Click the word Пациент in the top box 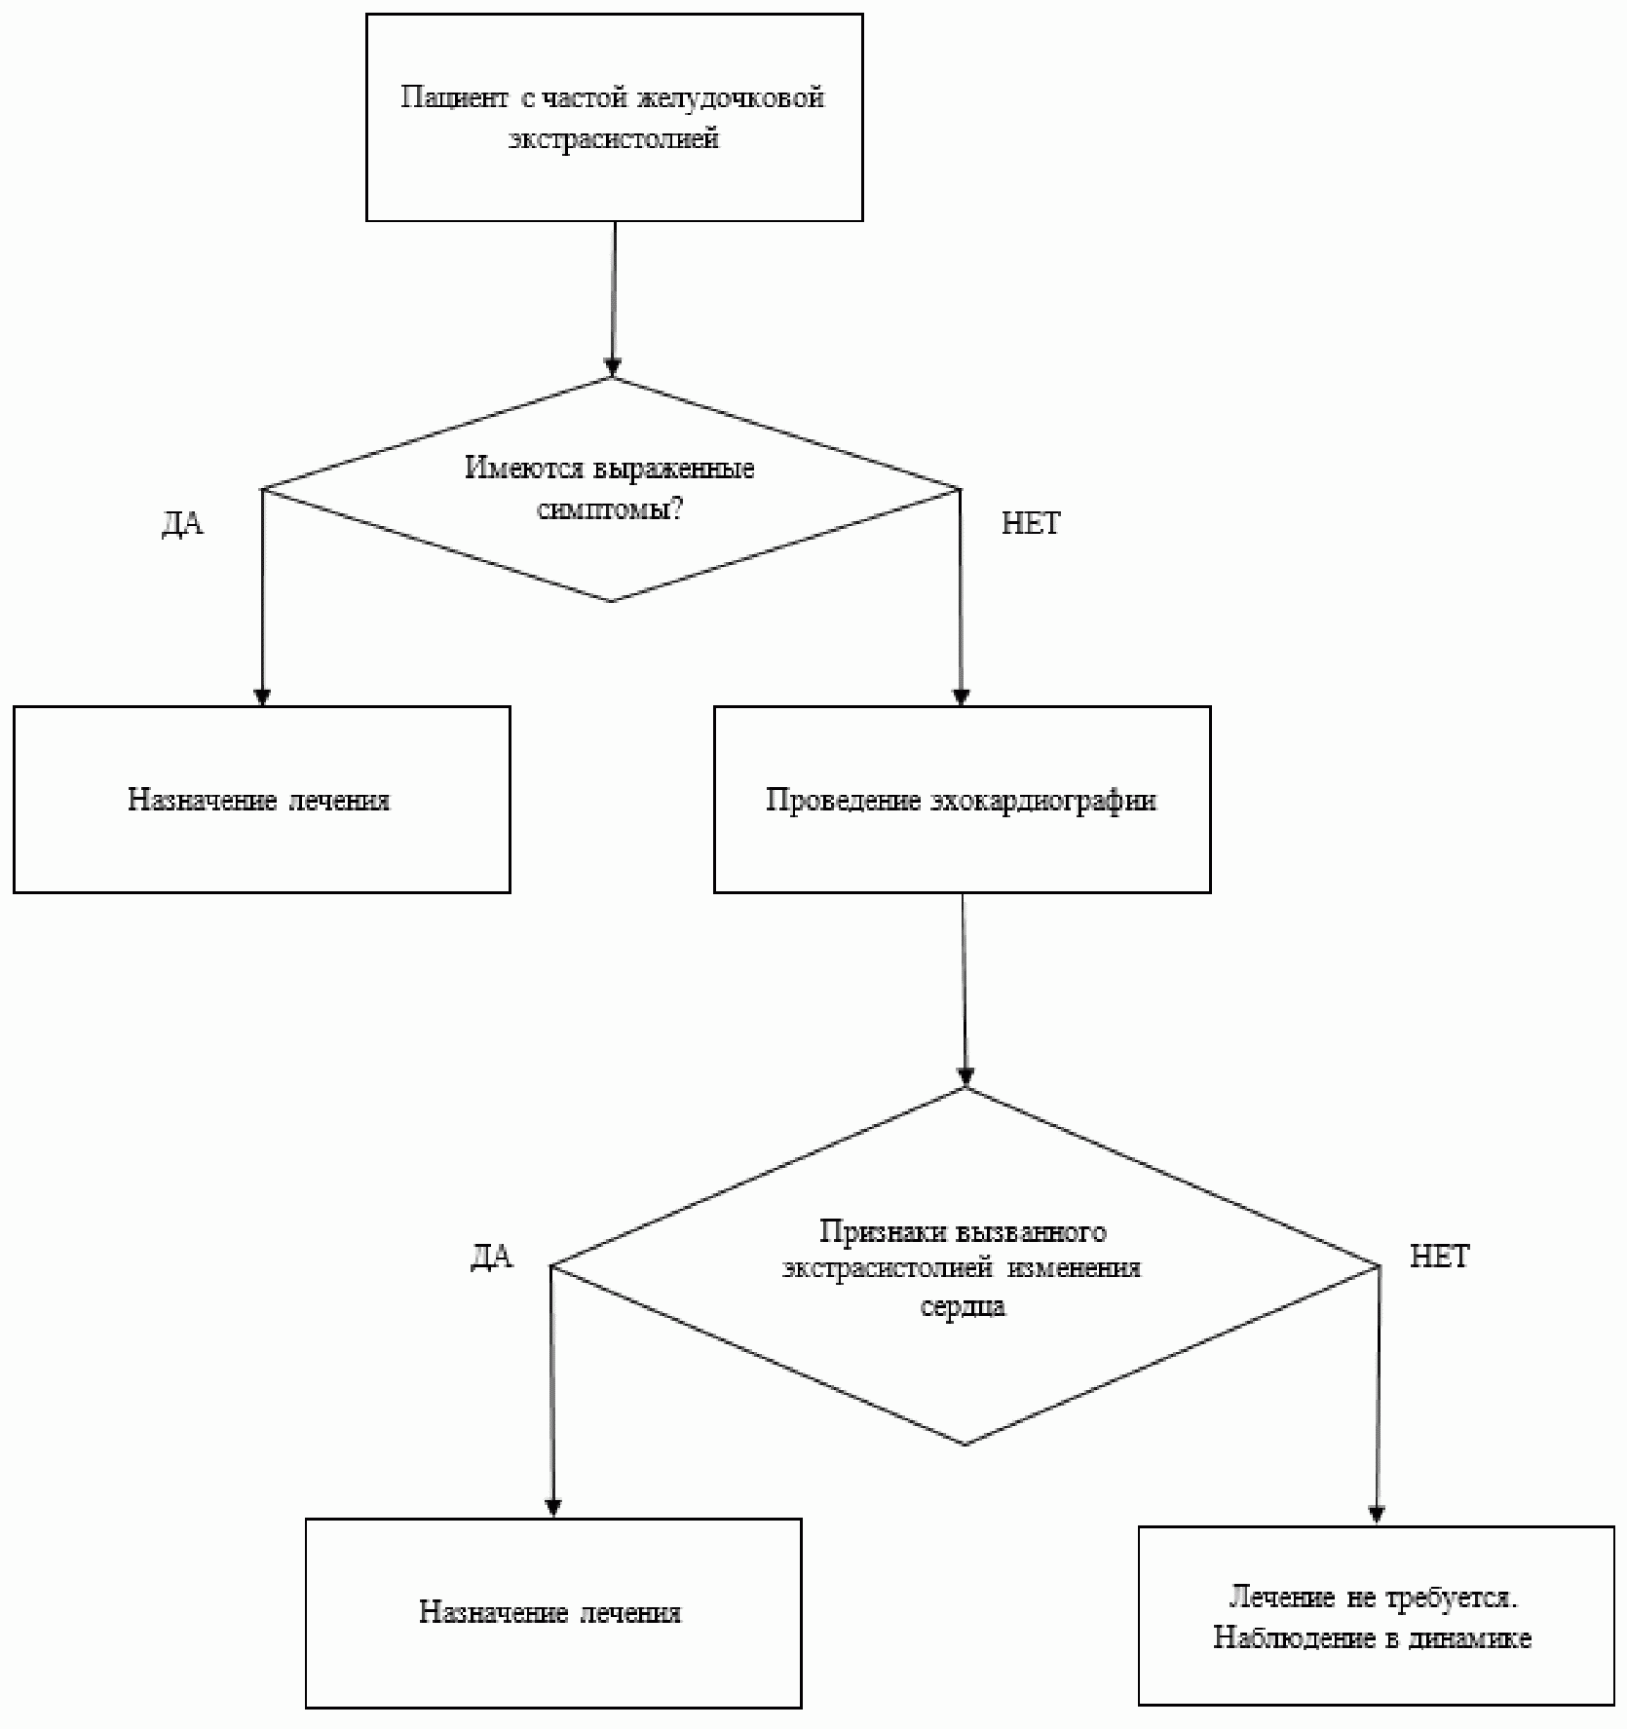(x=454, y=98)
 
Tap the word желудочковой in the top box (x=731, y=98)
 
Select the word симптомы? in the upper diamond (x=610, y=509)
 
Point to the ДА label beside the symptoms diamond (x=182, y=524)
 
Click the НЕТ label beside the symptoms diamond (x=1031, y=524)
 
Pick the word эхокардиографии (x=1043, y=801)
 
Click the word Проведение (x=844, y=801)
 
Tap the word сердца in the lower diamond (x=963, y=1306)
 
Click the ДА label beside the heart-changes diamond (x=492, y=1258)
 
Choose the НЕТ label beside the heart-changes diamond (x=1440, y=1258)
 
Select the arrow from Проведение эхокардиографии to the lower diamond (x=965, y=990)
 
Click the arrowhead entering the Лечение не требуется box (x=1377, y=1516)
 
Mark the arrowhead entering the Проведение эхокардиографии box (x=962, y=697)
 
